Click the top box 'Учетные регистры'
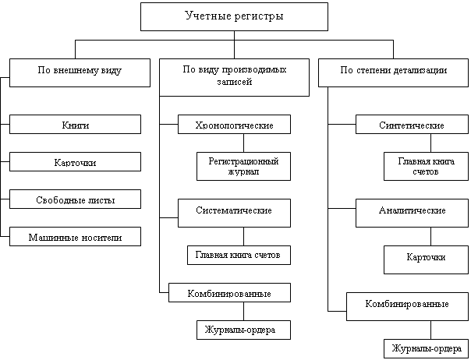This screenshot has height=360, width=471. [x=234, y=16]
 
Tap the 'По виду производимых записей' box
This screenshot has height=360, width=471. [x=234, y=76]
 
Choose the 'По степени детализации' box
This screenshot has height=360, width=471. [x=393, y=70]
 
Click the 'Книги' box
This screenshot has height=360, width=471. [x=75, y=125]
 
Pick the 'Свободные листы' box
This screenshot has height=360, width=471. [x=75, y=199]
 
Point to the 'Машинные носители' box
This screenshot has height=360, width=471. [x=75, y=236]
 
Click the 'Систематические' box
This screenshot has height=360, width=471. [x=233, y=211]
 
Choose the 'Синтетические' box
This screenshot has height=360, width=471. [x=411, y=125]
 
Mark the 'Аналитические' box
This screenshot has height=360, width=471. [x=411, y=211]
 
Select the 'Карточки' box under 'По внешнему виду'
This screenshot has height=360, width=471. [x=75, y=162]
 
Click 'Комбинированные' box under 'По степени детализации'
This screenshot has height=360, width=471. [x=407, y=304]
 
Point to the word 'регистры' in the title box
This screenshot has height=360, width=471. [x=258, y=16]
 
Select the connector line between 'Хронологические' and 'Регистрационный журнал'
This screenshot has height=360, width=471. [x=243, y=143]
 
